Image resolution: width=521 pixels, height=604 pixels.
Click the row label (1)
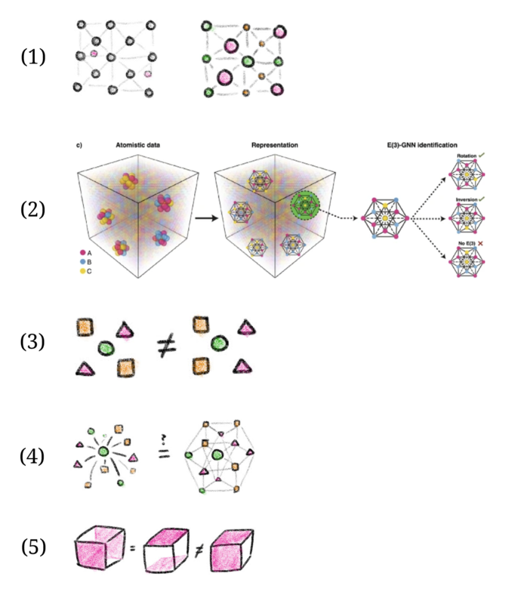(x=33, y=56)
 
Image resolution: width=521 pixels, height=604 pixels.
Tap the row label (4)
(x=33, y=455)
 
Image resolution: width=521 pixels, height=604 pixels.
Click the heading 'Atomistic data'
(x=136, y=144)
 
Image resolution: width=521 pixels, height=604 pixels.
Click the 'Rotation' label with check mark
(x=470, y=157)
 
